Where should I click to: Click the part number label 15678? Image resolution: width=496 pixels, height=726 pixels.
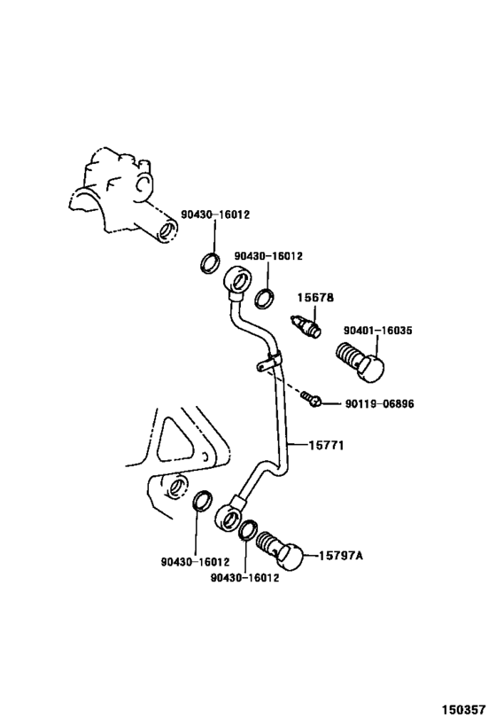tap(315, 298)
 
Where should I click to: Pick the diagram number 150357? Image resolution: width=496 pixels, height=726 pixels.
tap(463, 710)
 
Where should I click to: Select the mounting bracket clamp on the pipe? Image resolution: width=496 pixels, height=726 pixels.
tap(270, 362)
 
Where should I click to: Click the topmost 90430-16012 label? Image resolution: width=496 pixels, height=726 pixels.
tap(215, 215)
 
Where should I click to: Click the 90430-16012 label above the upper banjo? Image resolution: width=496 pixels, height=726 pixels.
tap(268, 255)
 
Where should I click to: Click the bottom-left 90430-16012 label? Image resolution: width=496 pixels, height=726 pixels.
tap(195, 561)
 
